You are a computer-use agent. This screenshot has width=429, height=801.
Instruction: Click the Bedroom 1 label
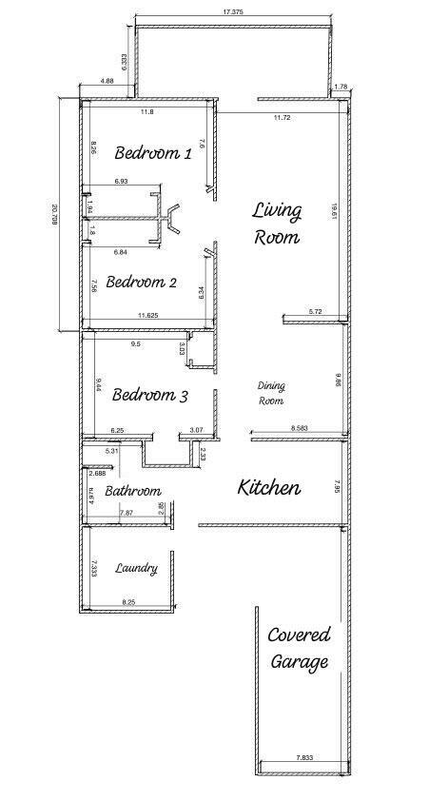click(153, 152)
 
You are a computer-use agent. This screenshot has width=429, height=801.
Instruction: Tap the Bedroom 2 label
click(141, 282)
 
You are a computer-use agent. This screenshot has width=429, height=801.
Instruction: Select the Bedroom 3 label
click(149, 395)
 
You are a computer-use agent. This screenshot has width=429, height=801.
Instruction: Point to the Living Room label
click(277, 224)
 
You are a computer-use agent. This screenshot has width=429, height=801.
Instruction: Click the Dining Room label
click(272, 393)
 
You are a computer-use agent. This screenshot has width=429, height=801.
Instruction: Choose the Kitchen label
click(269, 488)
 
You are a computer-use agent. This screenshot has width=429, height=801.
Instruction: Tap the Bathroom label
click(131, 491)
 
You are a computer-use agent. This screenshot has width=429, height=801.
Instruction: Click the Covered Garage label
click(299, 648)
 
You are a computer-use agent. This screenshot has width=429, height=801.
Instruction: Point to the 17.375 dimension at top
click(233, 11)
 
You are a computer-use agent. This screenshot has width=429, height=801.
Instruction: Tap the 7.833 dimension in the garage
click(304, 757)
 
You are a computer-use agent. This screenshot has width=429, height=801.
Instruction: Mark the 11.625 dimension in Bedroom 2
click(147, 315)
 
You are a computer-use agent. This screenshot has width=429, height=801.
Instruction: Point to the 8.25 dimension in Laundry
click(128, 602)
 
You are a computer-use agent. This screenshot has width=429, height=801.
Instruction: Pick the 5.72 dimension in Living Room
click(316, 312)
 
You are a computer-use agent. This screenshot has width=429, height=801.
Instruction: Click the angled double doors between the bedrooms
click(171, 216)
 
